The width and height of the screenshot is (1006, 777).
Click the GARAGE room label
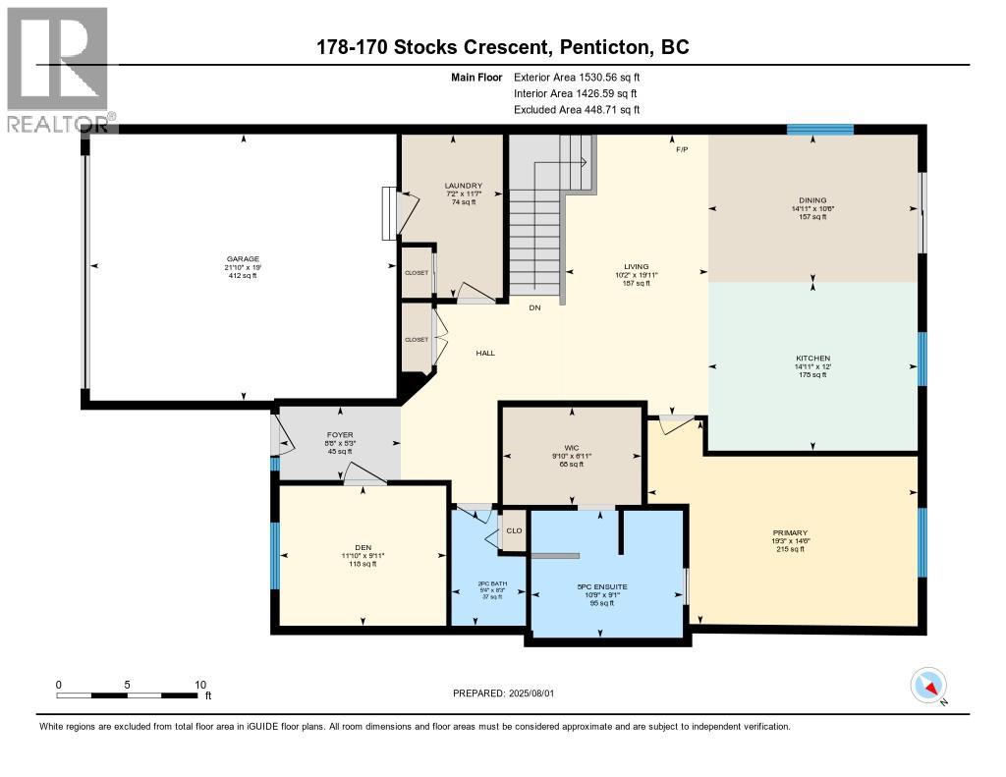click(241, 259)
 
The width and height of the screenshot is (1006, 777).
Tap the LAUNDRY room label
click(463, 186)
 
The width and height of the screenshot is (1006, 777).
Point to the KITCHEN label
click(812, 358)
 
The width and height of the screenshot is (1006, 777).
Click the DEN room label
click(363, 547)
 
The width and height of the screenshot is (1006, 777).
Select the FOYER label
click(339, 435)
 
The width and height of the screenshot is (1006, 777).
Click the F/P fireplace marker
click(682, 148)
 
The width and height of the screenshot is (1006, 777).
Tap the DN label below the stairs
click(534, 307)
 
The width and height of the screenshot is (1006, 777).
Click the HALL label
click(485, 353)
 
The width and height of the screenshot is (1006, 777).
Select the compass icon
click(928, 684)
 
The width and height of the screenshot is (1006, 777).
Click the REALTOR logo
click(59, 68)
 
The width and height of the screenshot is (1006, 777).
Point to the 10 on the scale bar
click(200, 684)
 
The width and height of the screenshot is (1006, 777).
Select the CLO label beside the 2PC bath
click(515, 529)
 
